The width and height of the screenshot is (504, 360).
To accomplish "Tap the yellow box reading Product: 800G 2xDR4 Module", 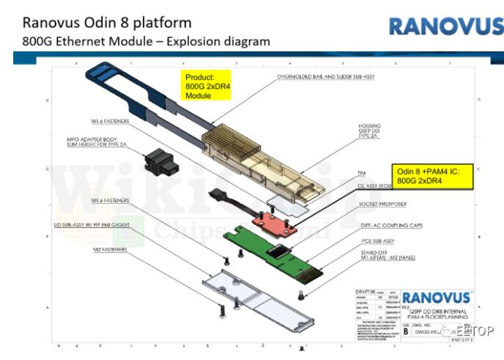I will [x=206, y=87].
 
